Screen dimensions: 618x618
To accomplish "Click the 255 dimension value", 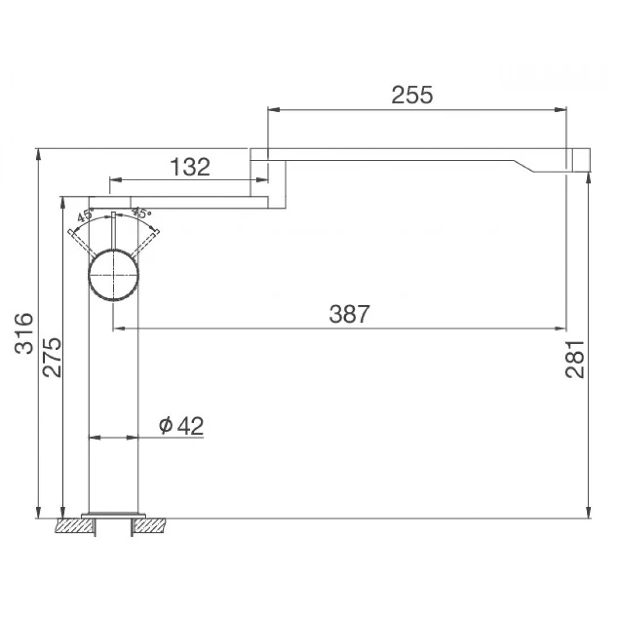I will click(x=412, y=95).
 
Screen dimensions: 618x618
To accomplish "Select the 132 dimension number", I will click(x=190, y=167).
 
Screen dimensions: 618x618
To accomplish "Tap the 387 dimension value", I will click(x=349, y=314).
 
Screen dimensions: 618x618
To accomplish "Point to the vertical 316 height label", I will click(x=24, y=333).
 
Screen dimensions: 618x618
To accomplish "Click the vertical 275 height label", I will click(x=52, y=358).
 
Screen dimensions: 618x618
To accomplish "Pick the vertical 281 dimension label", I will click(x=575, y=359).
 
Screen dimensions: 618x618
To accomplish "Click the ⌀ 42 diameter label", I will click(x=181, y=425).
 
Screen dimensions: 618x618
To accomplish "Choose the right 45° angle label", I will click(x=142, y=214).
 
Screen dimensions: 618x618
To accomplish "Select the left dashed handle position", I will click(x=79, y=243).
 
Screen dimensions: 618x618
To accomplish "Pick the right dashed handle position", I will click(x=149, y=242).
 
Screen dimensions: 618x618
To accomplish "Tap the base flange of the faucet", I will click(x=114, y=514).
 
